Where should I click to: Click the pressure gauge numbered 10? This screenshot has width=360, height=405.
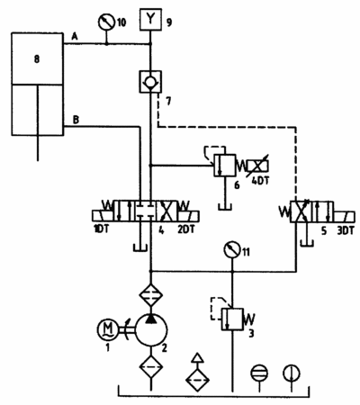click(107, 22)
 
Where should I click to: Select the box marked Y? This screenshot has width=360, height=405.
click(150, 19)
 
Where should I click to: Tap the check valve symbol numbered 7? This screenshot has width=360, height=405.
click(150, 82)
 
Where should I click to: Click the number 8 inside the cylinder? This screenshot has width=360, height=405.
click(37, 59)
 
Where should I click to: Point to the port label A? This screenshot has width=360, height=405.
click(75, 37)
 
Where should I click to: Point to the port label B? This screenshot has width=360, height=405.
click(76, 120)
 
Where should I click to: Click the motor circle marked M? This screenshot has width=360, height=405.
click(108, 329)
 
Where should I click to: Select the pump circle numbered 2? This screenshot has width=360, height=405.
click(151, 330)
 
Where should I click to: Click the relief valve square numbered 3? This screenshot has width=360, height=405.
click(232, 319)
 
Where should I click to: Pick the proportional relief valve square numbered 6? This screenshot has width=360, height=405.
click(225, 165)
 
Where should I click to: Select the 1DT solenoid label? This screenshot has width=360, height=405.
click(101, 229)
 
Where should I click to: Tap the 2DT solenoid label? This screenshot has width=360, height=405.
click(186, 229)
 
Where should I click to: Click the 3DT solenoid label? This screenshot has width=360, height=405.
click(346, 230)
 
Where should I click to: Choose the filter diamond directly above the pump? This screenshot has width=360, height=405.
click(151, 295)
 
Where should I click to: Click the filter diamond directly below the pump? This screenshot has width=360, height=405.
click(151, 366)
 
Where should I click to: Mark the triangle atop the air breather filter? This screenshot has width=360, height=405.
click(197, 358)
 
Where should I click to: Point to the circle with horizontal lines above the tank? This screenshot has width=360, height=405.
click(259, 373)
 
